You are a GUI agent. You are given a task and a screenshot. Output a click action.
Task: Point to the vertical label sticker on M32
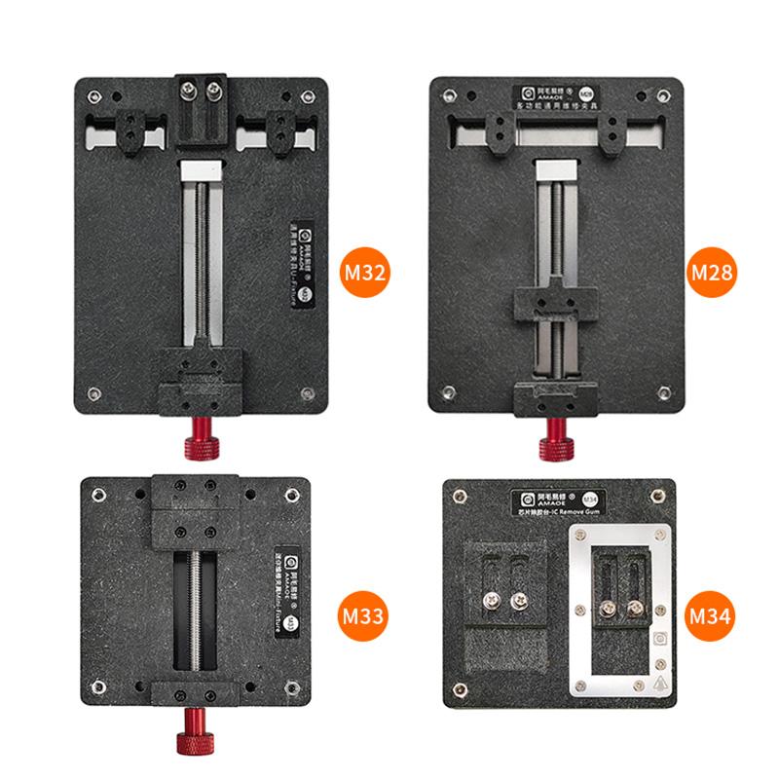click(x=296, y=263)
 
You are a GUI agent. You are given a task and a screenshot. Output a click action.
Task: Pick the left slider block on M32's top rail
click(x=133, y=132)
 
